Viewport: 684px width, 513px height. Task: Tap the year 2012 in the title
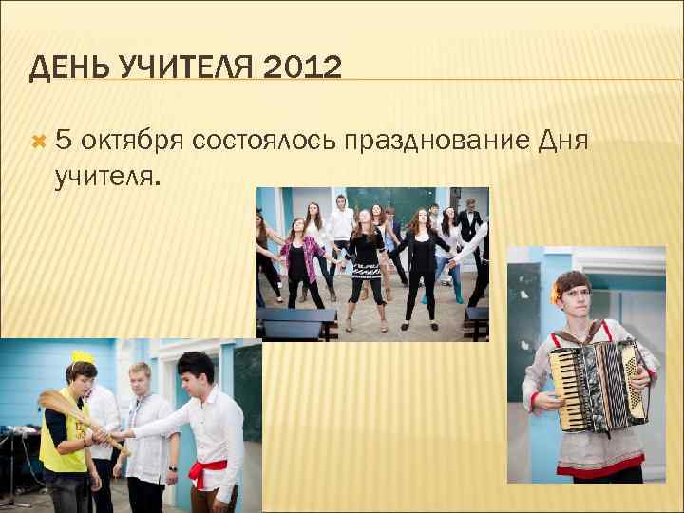click(x=301, y=67)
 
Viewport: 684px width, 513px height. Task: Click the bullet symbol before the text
click(x=39, y=142)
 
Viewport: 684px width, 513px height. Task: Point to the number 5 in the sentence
click(x=63, y=142)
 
